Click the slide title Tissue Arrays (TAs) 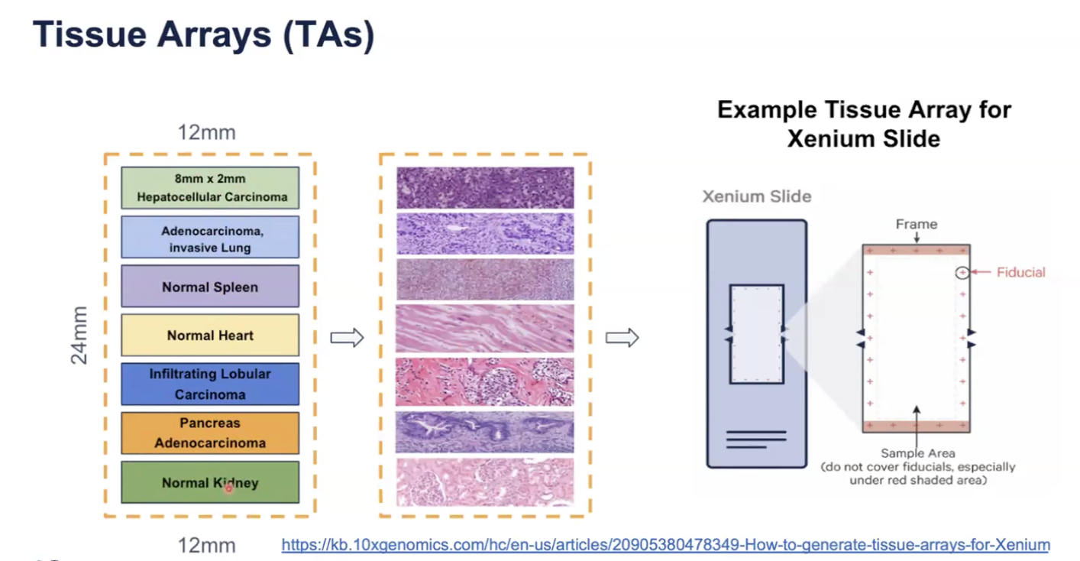[203, 36]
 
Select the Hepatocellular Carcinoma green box [210, 188]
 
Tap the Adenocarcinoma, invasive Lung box [210, 237]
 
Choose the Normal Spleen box [210, 287]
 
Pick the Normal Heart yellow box [210, 335]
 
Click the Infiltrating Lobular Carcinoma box [210, 384]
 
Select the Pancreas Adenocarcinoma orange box [210, 433]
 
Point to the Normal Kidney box [210, 482]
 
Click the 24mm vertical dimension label [79, 335]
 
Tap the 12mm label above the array [206, 132]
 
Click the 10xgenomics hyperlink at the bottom [665, 545]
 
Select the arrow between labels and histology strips [347, 338]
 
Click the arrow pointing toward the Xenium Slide [622, 338]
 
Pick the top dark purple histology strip [484, 188]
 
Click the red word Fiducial [1021, 272]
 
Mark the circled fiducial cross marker [962, 272]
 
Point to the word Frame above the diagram [916, 224]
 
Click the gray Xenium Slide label [757, 196]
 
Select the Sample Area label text [917, 453]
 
